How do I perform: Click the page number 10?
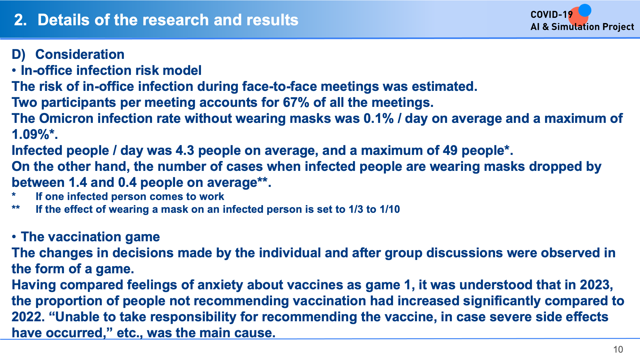coord(618,349)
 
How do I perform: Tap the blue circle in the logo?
coord(585,10)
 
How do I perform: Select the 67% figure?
coord(296,102)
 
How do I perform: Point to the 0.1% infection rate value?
coord(379,118)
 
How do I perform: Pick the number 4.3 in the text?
coord(185,150)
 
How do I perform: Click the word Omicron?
coord(66,118)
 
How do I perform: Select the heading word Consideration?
coord(80,54)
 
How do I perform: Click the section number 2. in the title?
coord(20,20)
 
